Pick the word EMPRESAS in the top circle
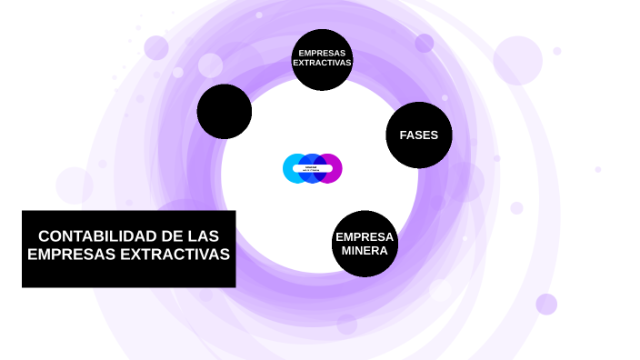322,53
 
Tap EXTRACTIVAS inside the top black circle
322,63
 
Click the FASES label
418,135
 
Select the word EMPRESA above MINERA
365,237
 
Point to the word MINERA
365,250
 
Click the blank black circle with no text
225,112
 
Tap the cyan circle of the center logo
293,168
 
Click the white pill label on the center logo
312,170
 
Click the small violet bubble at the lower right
546,304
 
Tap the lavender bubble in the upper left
156,47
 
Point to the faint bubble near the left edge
75,185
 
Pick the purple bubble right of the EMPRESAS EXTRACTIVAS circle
425,43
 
